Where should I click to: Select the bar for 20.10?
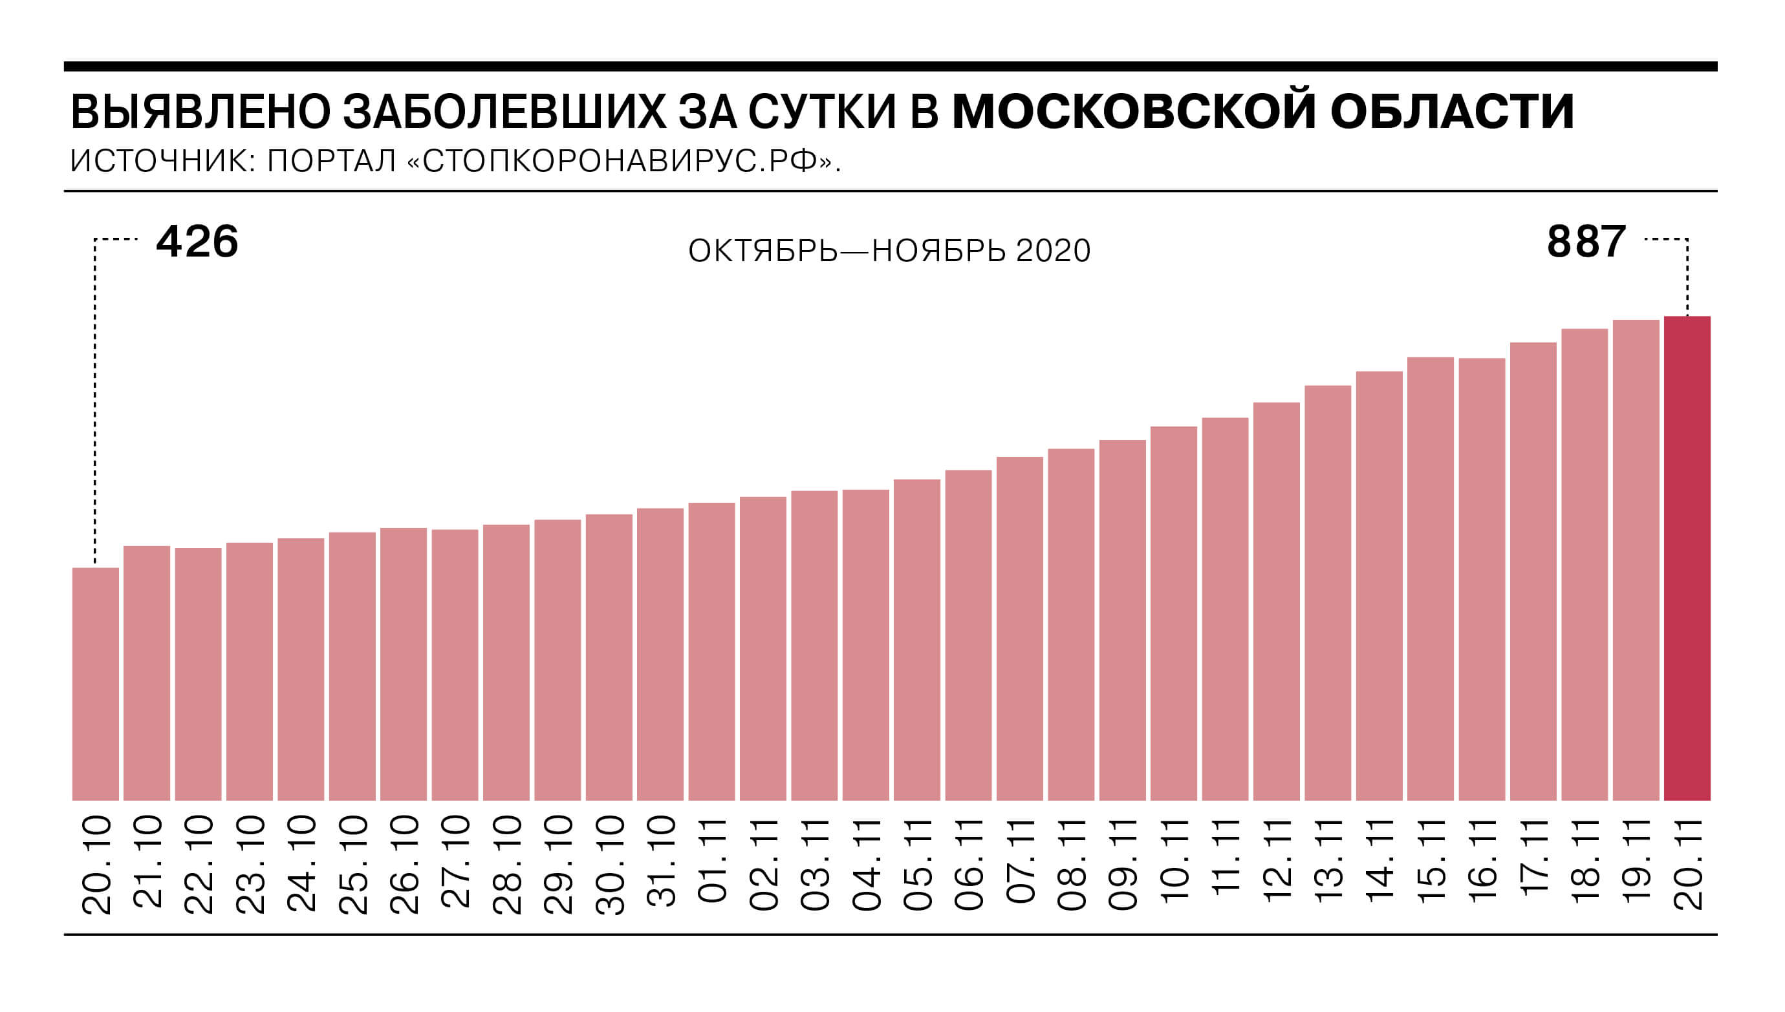(x=95, y=684)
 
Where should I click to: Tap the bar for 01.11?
(x=711, y=651)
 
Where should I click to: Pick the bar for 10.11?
(x=1174, y=613)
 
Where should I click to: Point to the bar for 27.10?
(x=455, y=665)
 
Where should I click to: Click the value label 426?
(x=197, y=242)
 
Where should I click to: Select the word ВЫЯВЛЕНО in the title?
(x=200, y=111)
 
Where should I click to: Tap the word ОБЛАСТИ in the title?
(x=1452, y=111)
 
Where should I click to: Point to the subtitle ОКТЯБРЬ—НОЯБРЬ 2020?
(x=889, y=251)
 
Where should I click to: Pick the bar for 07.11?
(x=1019, y=628)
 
